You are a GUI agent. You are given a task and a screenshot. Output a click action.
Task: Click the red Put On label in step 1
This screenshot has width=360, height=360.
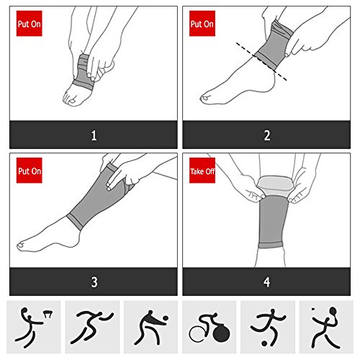30,24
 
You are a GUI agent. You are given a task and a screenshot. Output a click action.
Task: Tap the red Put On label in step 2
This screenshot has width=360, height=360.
202,24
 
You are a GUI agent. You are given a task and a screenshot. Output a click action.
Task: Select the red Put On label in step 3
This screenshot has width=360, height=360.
30,171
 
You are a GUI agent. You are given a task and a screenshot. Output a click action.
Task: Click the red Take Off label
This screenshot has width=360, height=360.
202,171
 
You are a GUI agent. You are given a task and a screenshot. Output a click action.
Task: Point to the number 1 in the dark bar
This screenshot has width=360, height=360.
94,135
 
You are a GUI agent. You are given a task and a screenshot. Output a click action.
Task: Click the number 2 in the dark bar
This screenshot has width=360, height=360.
267,135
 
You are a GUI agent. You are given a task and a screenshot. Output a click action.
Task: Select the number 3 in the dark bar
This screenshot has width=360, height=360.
94,282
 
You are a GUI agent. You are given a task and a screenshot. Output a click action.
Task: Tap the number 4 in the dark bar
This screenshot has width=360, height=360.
267,282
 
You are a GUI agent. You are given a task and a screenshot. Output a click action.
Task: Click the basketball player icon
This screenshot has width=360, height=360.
34,327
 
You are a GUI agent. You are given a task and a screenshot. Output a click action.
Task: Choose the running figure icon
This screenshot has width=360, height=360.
92,327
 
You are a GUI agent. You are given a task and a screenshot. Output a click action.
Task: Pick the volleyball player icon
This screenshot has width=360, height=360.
151,327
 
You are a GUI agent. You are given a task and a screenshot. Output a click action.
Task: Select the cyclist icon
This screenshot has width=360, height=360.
210,327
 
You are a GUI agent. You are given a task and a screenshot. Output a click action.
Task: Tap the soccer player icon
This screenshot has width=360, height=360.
268,327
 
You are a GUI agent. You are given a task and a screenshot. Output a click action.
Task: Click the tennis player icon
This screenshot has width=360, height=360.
326,327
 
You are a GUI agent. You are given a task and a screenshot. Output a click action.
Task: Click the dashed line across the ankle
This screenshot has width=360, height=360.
261,61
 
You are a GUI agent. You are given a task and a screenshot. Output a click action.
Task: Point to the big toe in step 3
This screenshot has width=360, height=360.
21,246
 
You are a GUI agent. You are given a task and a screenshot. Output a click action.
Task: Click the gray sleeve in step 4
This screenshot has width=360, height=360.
273,221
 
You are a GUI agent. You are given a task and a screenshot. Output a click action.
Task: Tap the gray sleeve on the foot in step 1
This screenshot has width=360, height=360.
83,72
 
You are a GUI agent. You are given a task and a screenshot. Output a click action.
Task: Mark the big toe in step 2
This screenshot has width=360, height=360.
205,98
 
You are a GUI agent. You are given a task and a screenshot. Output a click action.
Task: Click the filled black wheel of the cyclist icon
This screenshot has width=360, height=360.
221,333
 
